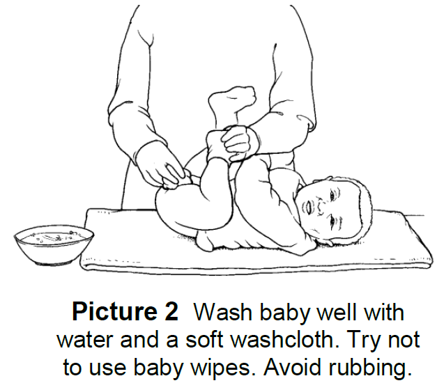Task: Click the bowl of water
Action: click(x=54, y=245)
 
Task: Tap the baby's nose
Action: click(x=320, y=206)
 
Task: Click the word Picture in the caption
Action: click(x=114, y=312)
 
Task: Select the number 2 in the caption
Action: click(x=171, y=312)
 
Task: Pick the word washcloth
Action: click(x=285, y=339)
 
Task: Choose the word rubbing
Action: click(x=370, y=368)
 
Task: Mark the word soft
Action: click(x=204, y=339)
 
